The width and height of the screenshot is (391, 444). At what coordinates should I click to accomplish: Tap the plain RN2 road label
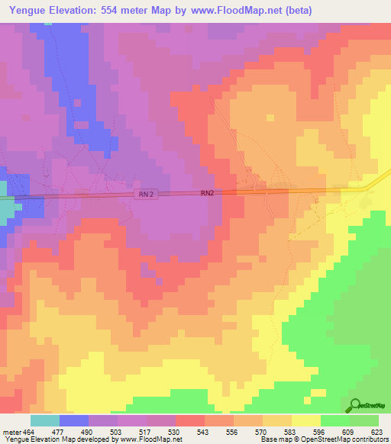(208, 194)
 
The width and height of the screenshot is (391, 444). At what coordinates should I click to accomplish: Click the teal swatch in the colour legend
(45, 420)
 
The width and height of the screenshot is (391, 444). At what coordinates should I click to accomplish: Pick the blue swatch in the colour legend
(74, 420)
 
